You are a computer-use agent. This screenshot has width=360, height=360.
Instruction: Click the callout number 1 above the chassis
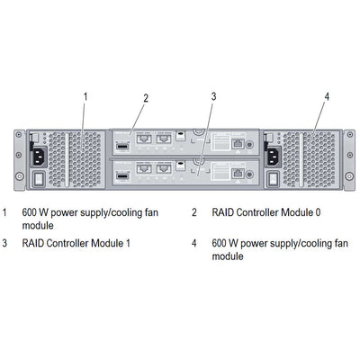point(85,94)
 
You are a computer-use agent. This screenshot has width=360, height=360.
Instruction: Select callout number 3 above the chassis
point(213,94)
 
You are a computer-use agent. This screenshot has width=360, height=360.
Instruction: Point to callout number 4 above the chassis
point(327,95)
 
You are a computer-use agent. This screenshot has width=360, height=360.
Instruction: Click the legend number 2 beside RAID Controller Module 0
point(194,213)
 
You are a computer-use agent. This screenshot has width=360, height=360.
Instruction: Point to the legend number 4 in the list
point(194,243)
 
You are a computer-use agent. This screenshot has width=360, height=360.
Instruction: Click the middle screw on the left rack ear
point(18,163)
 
